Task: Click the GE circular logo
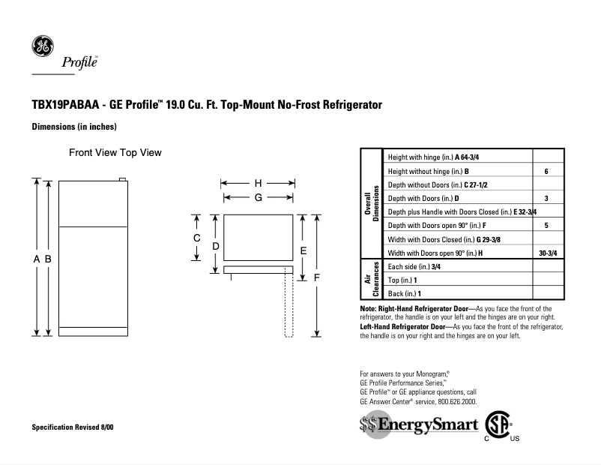(x=42, y=46)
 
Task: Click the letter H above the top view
(x=258, y=183)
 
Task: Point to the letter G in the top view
(x=258, y=197)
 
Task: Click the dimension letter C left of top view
(x=196, y=238)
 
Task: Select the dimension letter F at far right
(x=317, y=277)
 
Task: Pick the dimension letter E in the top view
(x=303, y=250)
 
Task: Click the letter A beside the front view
(x=36, y=259)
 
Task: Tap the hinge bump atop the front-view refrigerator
(x=123, y=179)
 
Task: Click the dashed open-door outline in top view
(x=288, y=307)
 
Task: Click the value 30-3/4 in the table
(x=548, y=253)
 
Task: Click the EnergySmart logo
(x=418, y=425)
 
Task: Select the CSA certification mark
(x=498, y=425)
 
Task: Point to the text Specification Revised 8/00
(x=73, y=427)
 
